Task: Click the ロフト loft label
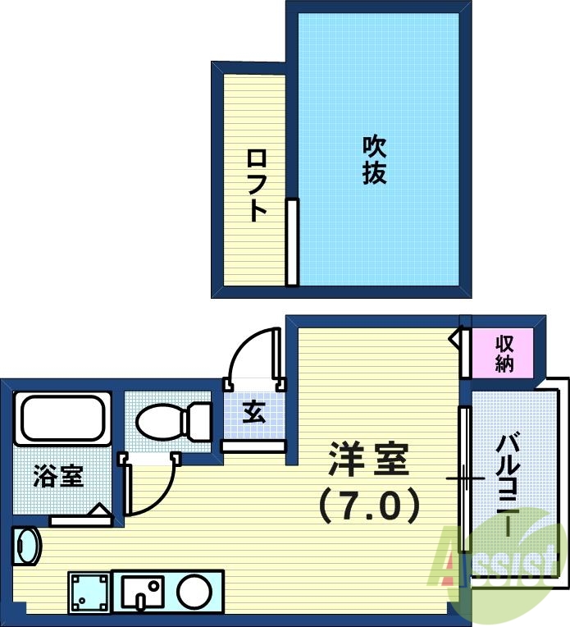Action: point(257,185)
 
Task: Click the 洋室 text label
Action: point(368,460)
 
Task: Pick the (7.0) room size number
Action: point(368,505)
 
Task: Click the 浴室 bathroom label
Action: point(58,476)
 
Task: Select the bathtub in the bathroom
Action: point(62,419)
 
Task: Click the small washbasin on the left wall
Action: point(26,547)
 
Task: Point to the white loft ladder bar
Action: point(291,242)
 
